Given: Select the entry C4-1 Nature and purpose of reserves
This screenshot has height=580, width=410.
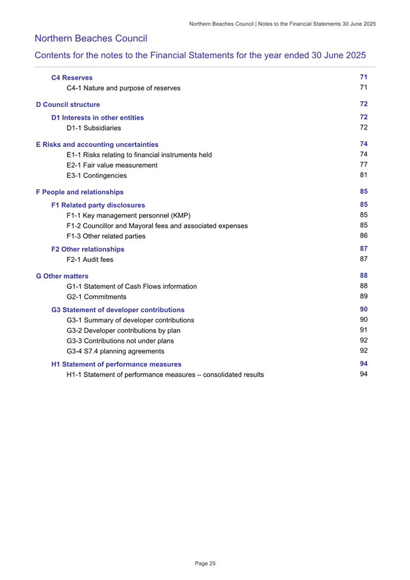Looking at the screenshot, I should click(x=123, y=88).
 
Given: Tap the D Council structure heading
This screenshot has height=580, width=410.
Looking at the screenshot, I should click(x=67, y=105).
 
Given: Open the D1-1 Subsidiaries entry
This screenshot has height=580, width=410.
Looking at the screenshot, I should click(x=94, y=128).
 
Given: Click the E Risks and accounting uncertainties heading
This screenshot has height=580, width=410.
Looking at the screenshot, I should click(x=97, y=145).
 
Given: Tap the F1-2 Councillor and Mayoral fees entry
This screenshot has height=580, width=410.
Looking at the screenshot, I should click(x=157, y=226).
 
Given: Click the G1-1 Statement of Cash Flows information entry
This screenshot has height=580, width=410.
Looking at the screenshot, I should click(x=132, y=286).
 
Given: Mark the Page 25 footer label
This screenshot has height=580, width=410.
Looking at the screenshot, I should click(x=205, y=564).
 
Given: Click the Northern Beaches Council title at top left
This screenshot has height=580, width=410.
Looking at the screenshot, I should click(x=91, y=39).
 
